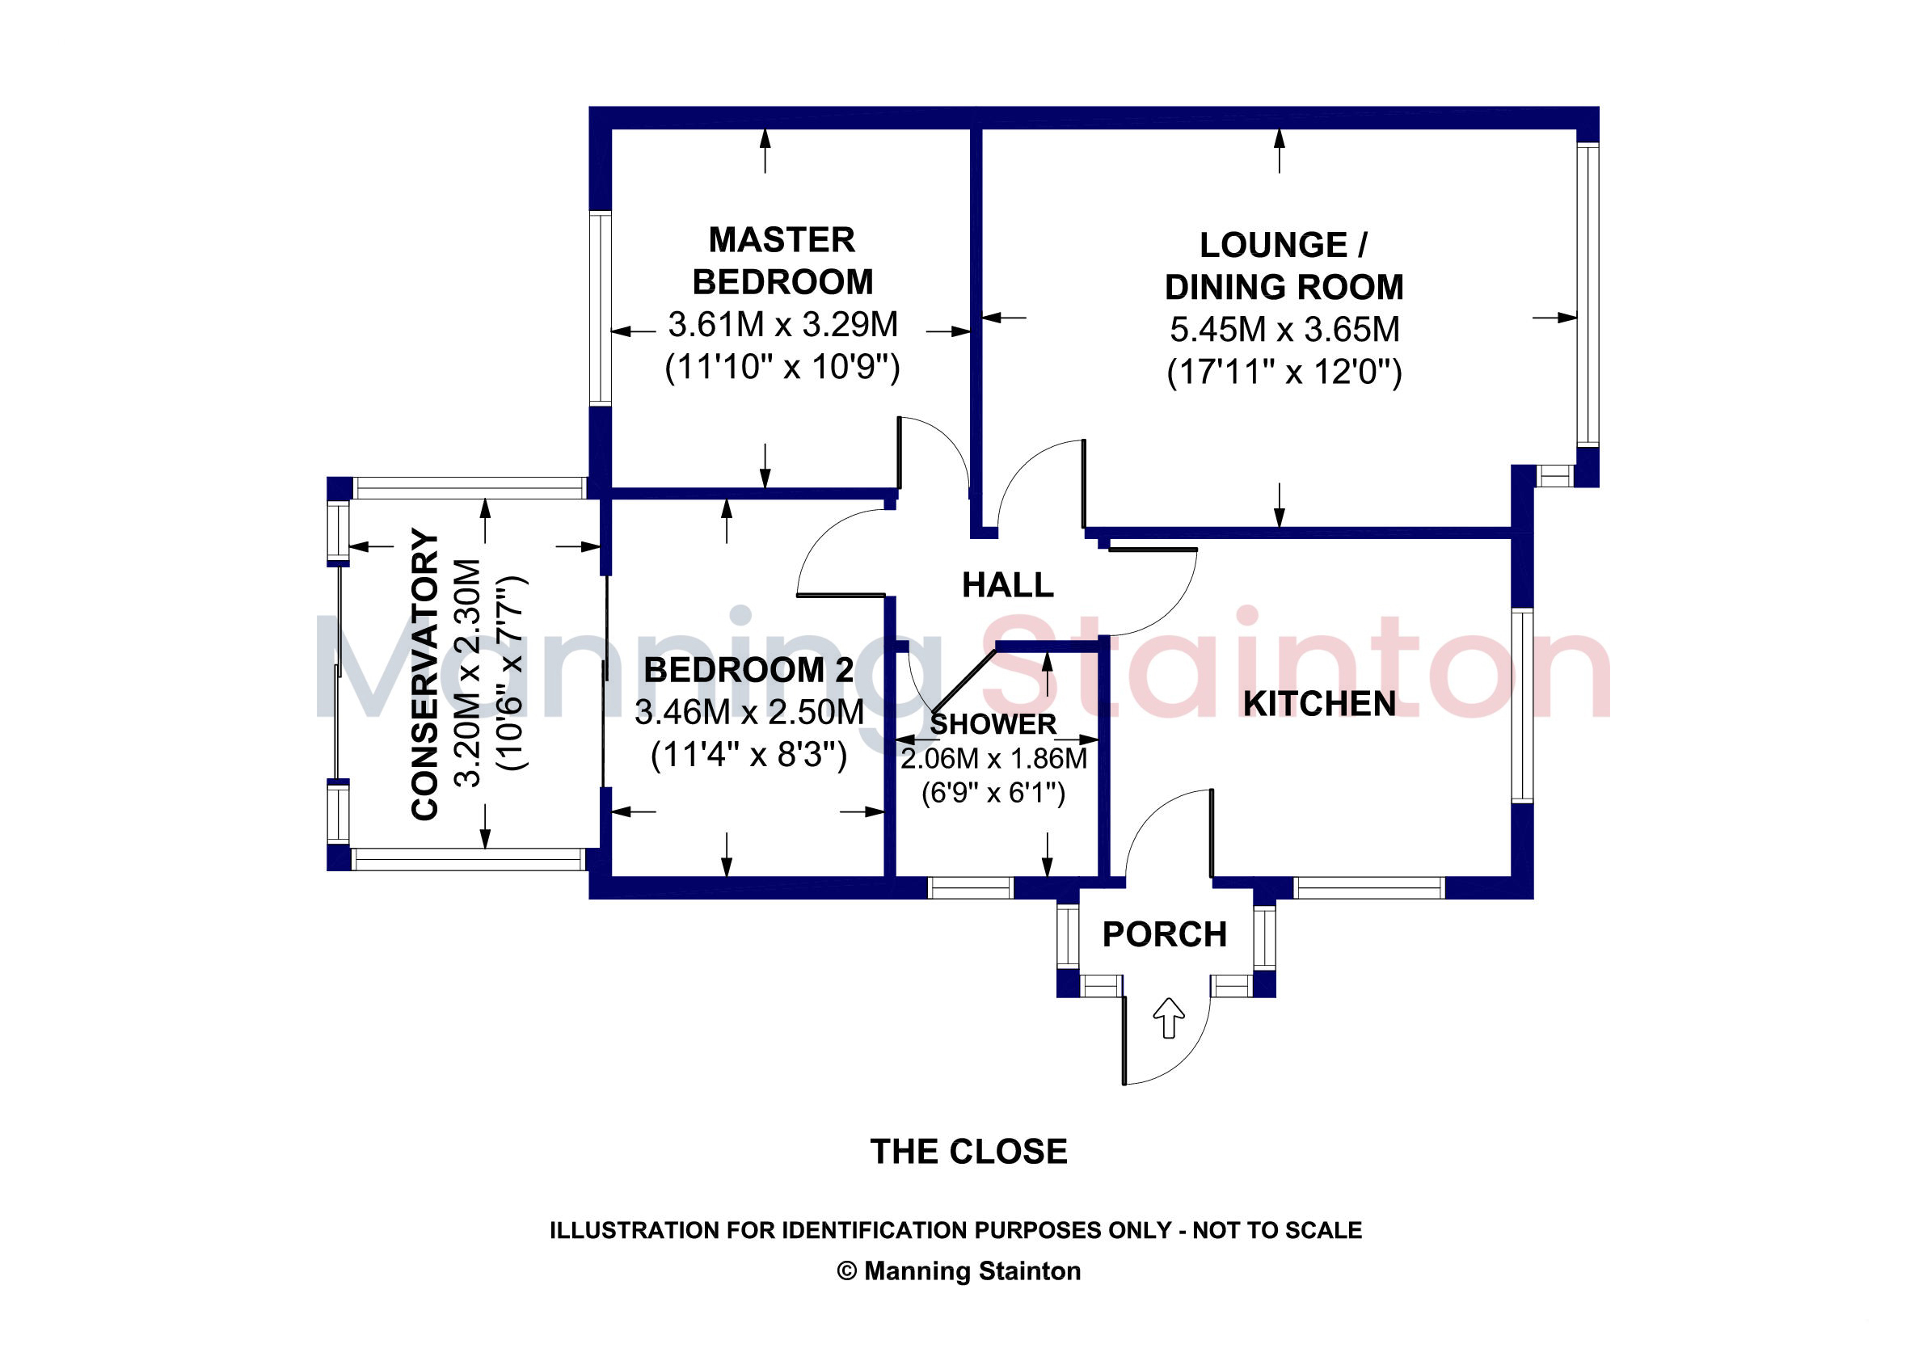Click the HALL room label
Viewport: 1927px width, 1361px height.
[1007, 585]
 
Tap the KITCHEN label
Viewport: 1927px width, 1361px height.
[1319, 704]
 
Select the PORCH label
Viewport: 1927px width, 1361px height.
[1164, 934]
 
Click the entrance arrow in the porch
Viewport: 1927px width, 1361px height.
[1168, 1018]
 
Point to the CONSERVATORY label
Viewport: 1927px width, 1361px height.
[425, 674]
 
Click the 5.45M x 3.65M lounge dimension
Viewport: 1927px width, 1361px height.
[1284, 329]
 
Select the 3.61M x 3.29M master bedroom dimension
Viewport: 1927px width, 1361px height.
[782, 324]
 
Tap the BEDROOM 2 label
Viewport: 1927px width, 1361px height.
[748, 670]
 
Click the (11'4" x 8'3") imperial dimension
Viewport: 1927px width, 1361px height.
[748, 755]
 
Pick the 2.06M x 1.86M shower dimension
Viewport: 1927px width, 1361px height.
[993, 759]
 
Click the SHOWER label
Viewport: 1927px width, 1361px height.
[993, 723]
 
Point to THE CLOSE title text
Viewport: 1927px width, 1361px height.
[968, 1151]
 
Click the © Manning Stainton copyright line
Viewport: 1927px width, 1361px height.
[959, 1270]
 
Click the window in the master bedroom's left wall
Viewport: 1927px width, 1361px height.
[600, 308]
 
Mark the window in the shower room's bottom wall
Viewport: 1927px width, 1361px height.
[970, 887]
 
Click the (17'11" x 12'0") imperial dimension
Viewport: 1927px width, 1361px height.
[1284, 372]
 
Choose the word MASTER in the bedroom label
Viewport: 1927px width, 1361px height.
[782, 240]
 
